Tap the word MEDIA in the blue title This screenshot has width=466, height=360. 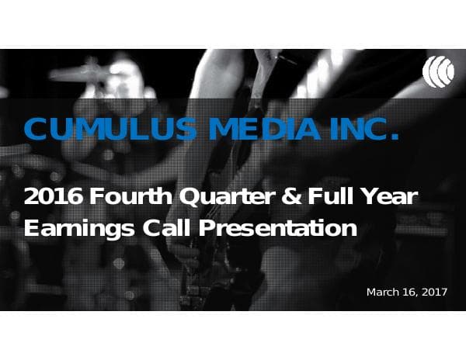[256, 130]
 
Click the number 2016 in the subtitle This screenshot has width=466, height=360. [54, 197]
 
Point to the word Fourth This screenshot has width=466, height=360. [131, 197]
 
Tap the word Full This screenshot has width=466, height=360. [329, 197]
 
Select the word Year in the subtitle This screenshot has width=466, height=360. [390, 197]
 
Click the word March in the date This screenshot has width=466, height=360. [384, 292]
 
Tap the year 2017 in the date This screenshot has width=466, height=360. [436, 292]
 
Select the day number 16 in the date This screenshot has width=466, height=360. [411, 292]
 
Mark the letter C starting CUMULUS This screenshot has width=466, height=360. [37, 130]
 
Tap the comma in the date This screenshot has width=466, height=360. [419, 296]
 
